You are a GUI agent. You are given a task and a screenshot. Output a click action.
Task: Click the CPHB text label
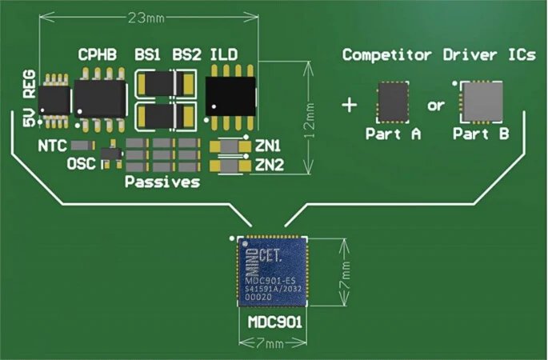(98, 55)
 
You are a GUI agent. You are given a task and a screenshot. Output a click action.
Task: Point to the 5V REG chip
(54, 99)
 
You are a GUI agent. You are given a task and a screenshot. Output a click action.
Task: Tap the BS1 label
(147, 55)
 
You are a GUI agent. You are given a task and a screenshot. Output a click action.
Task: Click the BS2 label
(186, 55)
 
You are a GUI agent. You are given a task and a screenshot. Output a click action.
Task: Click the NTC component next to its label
(79, 146)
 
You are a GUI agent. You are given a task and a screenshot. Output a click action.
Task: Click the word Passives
(162, 182)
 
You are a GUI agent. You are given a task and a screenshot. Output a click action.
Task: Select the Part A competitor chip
(393, 102)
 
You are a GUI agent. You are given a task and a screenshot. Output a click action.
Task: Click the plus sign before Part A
(349, 105)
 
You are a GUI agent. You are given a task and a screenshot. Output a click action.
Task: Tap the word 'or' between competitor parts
(436, 106)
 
